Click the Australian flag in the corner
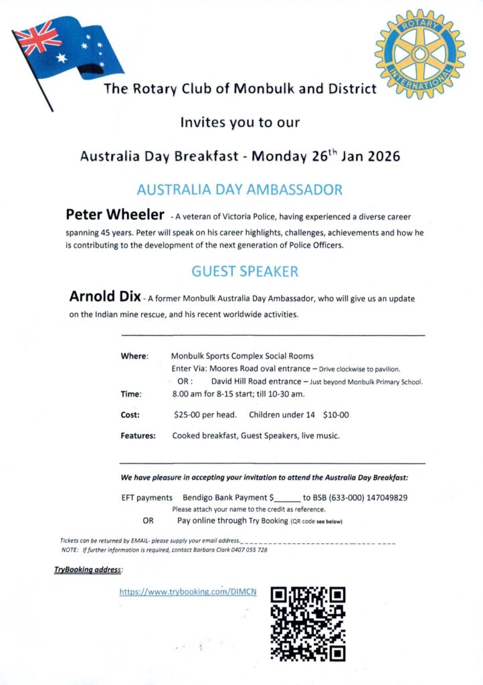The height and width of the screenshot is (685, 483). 67,54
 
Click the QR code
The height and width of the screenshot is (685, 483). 308,623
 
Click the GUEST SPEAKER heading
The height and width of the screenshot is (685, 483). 244,272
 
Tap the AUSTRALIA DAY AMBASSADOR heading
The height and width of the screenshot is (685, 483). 239,189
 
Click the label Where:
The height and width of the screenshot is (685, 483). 134,356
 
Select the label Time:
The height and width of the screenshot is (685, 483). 131,394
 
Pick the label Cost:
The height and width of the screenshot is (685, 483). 130,415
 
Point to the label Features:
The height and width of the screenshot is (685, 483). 138,435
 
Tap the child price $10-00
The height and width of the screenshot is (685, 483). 336,415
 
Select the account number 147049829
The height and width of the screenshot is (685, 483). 385,497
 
